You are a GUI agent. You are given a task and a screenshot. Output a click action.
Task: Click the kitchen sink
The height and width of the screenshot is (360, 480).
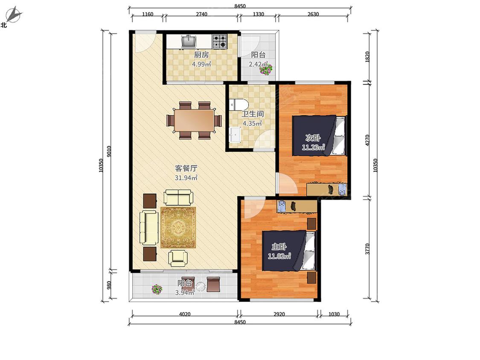[x=189, y=41]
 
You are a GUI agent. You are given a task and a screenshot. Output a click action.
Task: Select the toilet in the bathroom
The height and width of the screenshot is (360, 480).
[x=239, y=105]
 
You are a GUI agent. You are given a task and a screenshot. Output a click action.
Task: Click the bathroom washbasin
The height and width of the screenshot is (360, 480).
[x=235, y=135]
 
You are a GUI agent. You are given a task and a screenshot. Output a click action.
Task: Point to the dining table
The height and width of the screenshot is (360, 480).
[x=194, y=120]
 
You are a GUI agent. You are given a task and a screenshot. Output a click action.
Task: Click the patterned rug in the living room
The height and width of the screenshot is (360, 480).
[x=178, y=227]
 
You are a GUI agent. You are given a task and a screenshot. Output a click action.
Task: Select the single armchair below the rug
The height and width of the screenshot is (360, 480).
[x=178, y=258]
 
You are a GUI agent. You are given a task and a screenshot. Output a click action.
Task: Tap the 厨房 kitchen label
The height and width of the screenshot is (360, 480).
[x=201, y=55]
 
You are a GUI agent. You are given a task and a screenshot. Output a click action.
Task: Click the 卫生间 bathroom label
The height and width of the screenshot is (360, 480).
[x=253, y=114]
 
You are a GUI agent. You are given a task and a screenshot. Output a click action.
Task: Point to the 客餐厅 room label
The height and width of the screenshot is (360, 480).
[x=186, y=168]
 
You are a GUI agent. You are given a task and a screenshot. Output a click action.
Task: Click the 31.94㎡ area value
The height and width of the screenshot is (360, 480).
[x=186, y=177]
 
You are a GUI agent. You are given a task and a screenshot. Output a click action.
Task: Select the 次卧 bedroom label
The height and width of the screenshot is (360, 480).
[x=313, y=138]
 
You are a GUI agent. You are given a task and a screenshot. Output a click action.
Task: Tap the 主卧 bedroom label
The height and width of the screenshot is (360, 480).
[x=279, y=247]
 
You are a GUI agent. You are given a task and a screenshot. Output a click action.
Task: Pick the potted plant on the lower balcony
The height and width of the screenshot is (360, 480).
[x=157, y=289]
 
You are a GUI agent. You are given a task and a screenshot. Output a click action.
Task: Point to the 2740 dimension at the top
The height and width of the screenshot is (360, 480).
[x=201, y=14]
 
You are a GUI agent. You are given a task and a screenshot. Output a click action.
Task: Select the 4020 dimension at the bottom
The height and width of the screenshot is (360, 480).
[x=185, y=314]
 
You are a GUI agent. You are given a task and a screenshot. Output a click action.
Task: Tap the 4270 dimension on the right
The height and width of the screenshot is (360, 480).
[x=368, y=140]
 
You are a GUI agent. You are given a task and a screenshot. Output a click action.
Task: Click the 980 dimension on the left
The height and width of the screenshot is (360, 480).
[x=109, y=285]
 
